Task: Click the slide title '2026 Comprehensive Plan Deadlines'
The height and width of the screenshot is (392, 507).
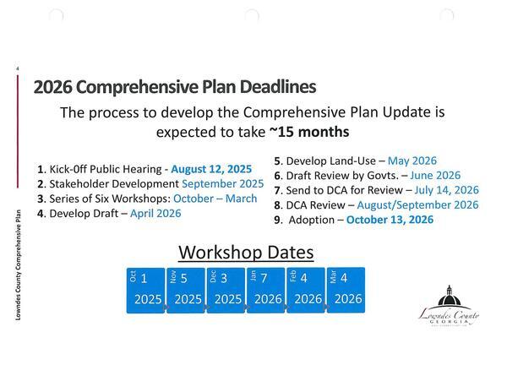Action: (x=174, y=87)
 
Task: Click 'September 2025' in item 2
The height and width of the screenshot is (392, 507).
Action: (x=222, y=183)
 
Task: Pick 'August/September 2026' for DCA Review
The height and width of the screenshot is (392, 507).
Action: (x=418, y=204)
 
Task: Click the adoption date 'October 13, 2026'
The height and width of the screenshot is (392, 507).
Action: (x=390, y=220)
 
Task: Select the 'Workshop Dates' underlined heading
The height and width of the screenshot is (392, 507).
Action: (x=246, y=252)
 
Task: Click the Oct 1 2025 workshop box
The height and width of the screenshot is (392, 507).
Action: (x=145, y=290)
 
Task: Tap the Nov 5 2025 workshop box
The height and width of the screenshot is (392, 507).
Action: (x=186, y=290)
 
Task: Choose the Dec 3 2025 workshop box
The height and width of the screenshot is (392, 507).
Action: (x=226, y=290)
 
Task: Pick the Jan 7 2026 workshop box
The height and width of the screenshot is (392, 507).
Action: (x=266, y=290)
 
